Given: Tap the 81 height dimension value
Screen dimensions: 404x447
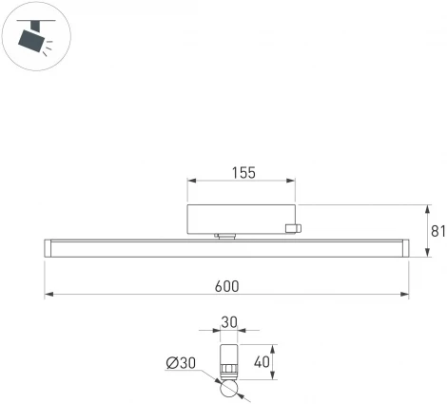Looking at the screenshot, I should [x=437, y=231].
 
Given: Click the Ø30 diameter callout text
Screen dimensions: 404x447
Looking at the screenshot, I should [x=181, y=363].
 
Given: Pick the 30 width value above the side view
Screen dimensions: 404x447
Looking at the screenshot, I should [x=228, y=323].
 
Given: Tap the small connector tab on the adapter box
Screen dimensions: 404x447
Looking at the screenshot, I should [x=294, y=227].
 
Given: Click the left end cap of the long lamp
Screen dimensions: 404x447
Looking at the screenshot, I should [x=49, y=249].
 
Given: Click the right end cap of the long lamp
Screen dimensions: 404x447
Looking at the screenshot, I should [x=404, y=249].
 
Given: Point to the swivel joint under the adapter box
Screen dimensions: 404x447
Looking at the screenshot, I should [x=226, y=237].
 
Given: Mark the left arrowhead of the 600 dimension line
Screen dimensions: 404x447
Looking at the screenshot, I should [x=49, y=295].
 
